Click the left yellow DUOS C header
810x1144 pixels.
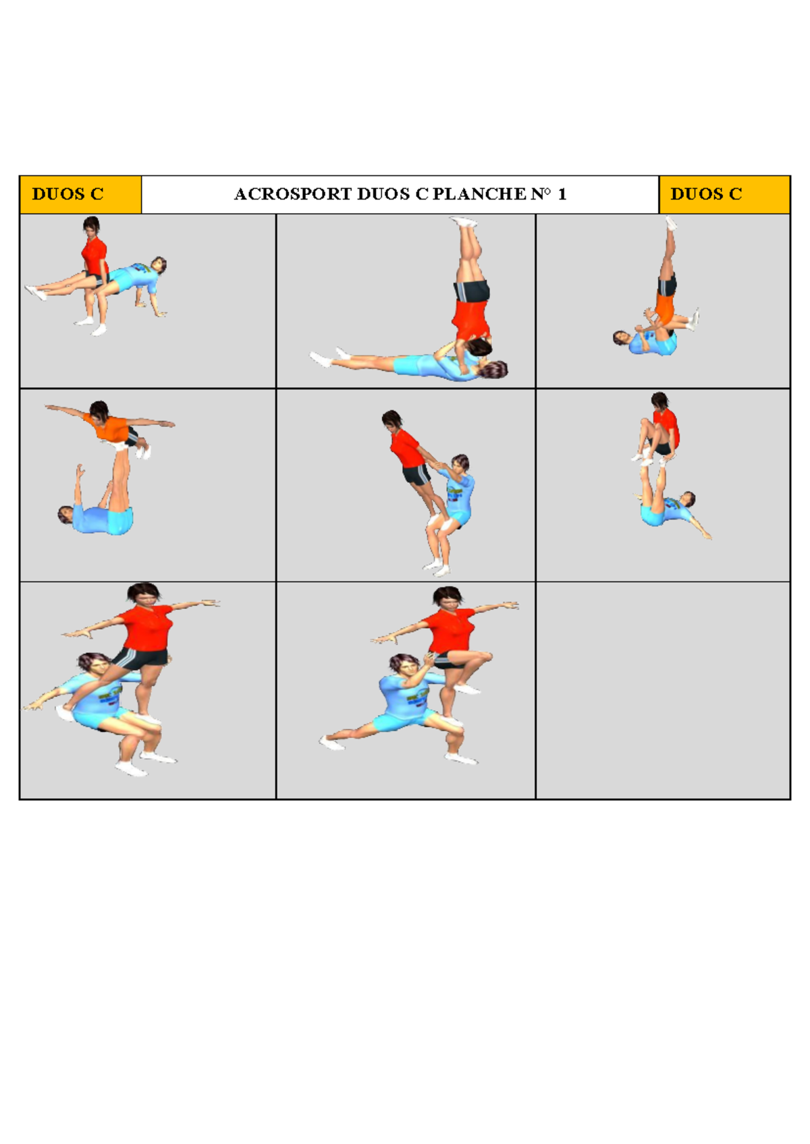pyautogui.click(x=67, y=194)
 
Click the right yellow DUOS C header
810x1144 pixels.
pyautogui.click(x=706, y=194)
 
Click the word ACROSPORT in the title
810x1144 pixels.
pyautogui.click(x=293, y=194)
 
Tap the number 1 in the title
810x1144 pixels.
pyautogui.click(x=562, y=194)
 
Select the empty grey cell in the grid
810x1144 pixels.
pyautogui.click(x=662, y=690)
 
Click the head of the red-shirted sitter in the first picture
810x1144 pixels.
pyautogui.click(x=91, y=225)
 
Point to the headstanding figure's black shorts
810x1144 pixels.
pyautogui.click(x=473, y=291)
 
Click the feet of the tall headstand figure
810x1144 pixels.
pyautogui.click(x=464, y=222)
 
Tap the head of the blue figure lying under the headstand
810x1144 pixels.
pyautogui.click(x=497, y=369)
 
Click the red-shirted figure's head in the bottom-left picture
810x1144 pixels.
pyautogui.click(x=144, y=594)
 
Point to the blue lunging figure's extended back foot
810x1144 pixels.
pyautogui.click(x=330, y=743)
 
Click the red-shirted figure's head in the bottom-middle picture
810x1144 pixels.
pyautogui.click(x=447, y=597)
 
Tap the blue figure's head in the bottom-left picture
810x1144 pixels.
pyautogui.click(x=93, y=664)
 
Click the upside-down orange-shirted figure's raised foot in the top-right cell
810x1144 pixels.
pyautogui.click(x=670, y=223)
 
